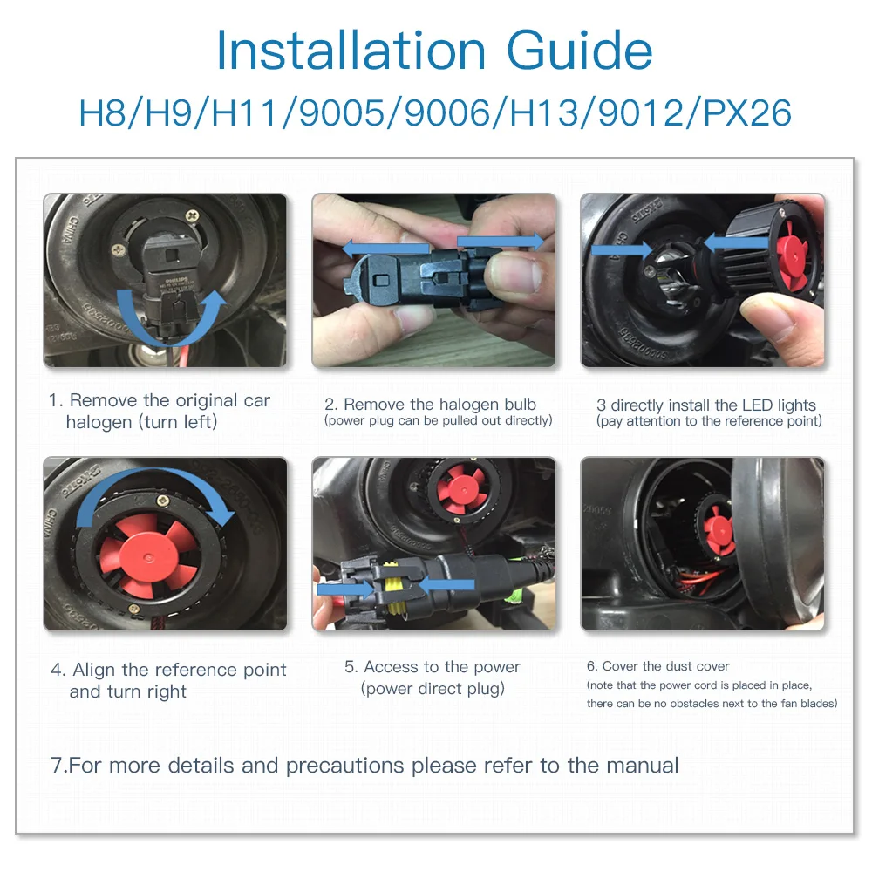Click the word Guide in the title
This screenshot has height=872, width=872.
pos(580,51)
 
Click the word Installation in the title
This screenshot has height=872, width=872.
pos(351,51)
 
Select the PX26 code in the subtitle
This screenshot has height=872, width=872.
pos(747,112)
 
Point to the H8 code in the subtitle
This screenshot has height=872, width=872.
pos(103,112)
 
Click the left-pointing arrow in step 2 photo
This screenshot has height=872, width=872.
pos(385,249)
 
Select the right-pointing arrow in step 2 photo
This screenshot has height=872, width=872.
pos(501,242)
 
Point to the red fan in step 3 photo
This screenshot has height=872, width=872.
pos(792,256)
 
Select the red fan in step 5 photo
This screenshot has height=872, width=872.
pos(462,489)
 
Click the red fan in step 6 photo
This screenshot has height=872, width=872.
pos(718,528)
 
